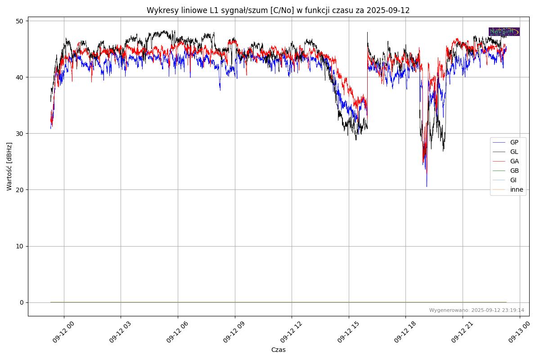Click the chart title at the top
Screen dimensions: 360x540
click(x=278, y=10)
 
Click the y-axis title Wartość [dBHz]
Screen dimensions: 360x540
click(x=9, y=166)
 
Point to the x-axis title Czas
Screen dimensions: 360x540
click(x=278, y=350)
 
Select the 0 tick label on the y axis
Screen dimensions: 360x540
click(x=21, y=302)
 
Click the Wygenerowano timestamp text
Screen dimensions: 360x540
click(x=477, y=310)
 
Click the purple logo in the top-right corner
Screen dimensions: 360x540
click(x=504, y=31)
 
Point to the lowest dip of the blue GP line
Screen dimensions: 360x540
click(x=427, y=186)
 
